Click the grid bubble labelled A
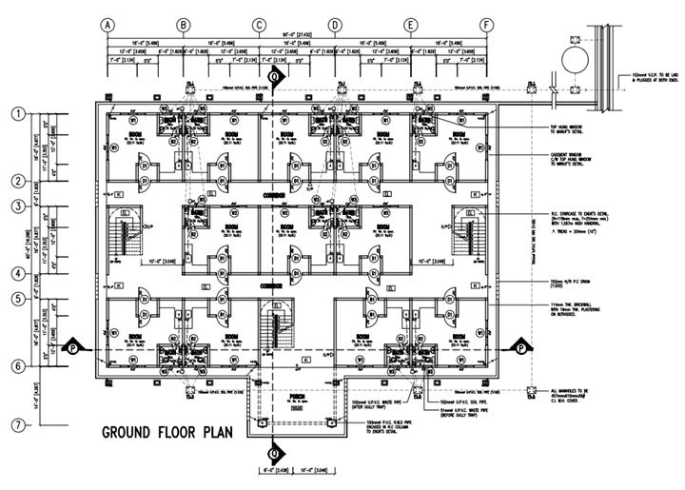(108, 25)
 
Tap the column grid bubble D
(334, 25)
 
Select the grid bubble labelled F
(486, 25)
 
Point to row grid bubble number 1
(17, 113)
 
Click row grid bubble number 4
(17, 273)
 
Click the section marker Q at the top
(275, 77)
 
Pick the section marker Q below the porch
(275, 451)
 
